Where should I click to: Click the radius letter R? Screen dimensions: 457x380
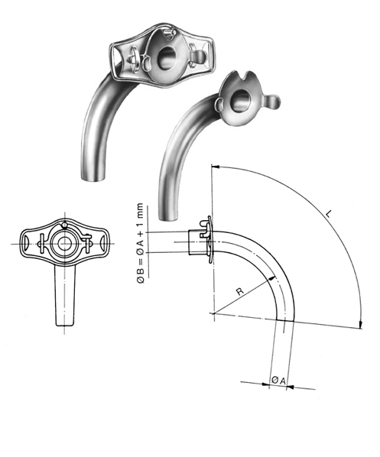click(240, 291)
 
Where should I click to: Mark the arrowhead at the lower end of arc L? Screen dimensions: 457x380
click(360, 326)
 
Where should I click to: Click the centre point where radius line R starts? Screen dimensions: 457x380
click(212, 311)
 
